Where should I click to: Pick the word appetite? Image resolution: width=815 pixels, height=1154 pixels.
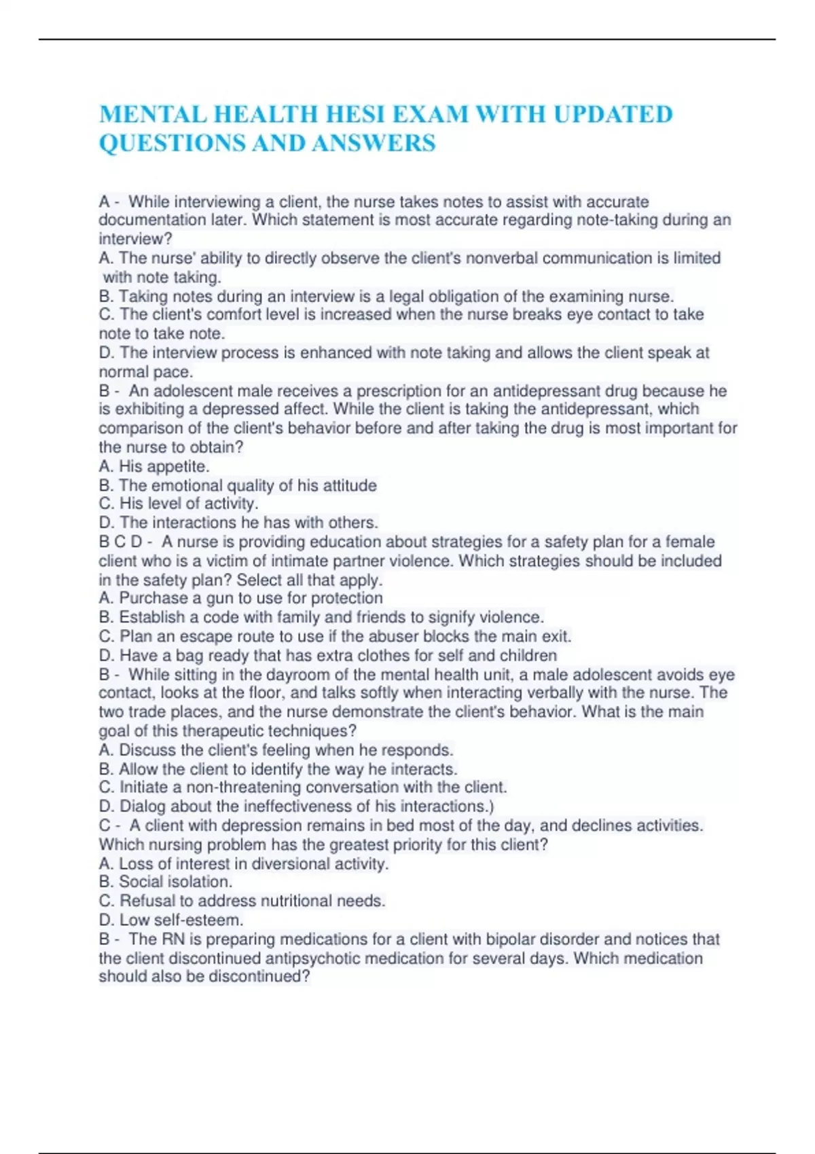pos(178,466)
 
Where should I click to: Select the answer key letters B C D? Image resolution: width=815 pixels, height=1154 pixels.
pos(121,542)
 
